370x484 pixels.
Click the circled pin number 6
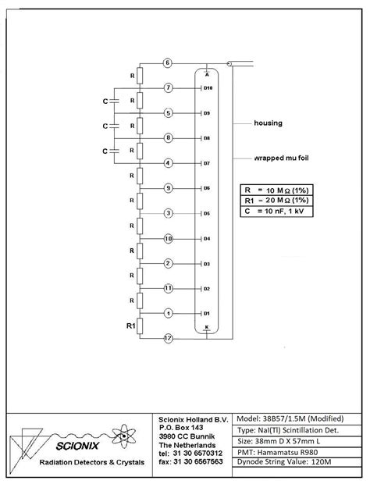pyautogui.click(x=167, y=62)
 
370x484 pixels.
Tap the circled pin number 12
pyautogui.click(x=167, y=338)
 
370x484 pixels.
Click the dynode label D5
pyautogui.click(x=207, y=213)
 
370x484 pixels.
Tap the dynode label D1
pyautogui.click(x=207, y=314)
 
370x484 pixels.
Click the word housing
pyautogui.click(x=269, y=123)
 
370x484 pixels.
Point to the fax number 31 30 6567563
pyautogui.click(x=190, y=461)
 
